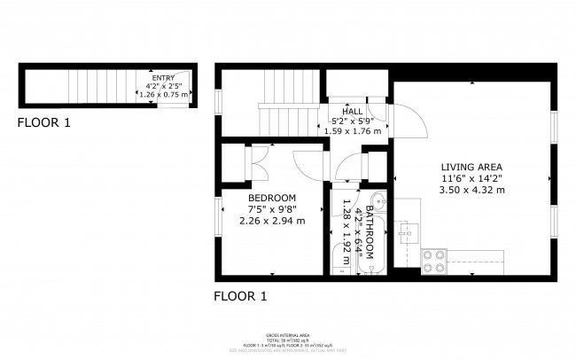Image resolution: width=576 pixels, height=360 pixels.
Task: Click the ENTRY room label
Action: click(163, 78)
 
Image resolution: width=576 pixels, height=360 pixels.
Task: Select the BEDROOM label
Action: click(272, 198)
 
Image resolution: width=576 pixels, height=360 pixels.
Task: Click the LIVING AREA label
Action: click(472, 167)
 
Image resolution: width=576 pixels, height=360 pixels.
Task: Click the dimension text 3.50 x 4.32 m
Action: click(472, 189)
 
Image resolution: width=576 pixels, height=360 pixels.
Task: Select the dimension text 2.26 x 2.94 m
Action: click(272, 221)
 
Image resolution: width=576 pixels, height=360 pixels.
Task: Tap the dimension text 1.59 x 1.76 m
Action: click(352, 131)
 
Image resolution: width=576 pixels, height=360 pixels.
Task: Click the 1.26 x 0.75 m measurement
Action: click(163, 94)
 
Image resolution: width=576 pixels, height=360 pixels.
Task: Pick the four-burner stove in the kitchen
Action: click(433, 260)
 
